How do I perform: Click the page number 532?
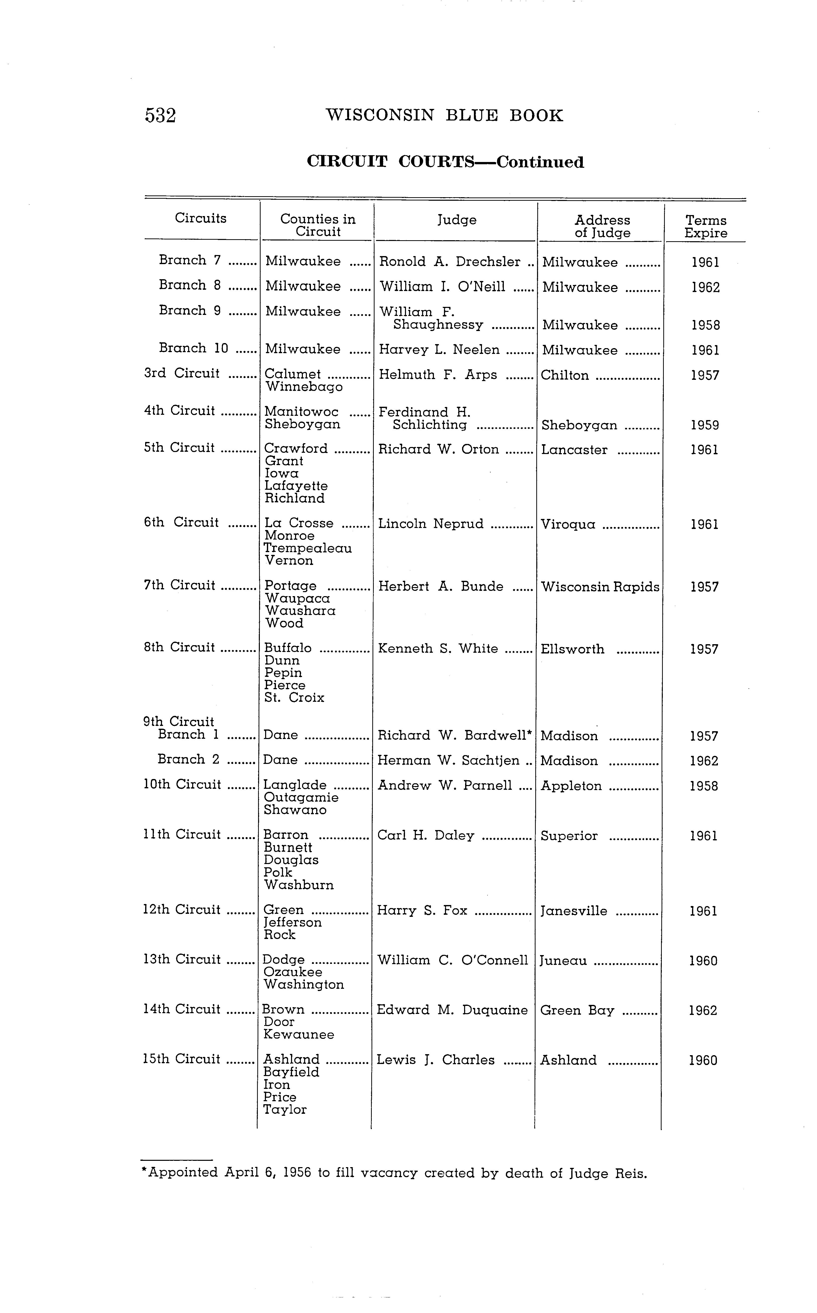[x=160, y=116]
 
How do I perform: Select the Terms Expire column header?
[x=706, y=226]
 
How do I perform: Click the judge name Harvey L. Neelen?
[x=439, y=350]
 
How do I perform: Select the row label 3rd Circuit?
[x=182, y=373]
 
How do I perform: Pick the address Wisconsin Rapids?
[x=600, y=587]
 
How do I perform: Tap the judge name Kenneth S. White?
[x=438, y=648]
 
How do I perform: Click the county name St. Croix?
[x=294, y=697]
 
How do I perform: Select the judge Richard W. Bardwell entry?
[x=454, y=735]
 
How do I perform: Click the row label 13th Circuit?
[x=182, y=959]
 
